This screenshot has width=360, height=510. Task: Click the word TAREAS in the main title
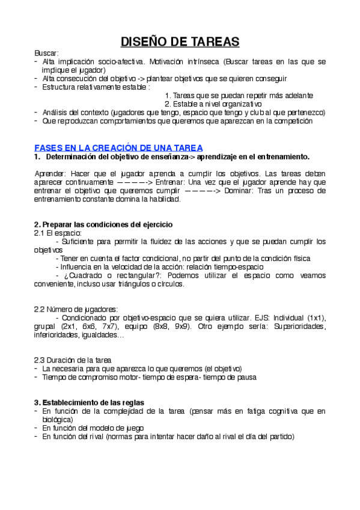[x=207, y=41]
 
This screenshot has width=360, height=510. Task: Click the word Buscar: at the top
[x=46, y=54]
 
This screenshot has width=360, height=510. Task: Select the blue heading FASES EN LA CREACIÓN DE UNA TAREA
[x=118, y=147]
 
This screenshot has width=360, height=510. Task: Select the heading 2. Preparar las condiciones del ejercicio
[x=103, y=224]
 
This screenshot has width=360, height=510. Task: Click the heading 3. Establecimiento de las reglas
[x=88, y=402]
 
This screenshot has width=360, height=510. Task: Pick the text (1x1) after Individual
[x=316, y=318]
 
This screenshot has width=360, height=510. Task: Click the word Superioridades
[x=299, y=327]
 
